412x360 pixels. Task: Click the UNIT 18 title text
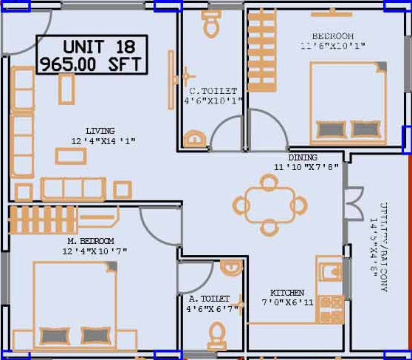(x=93, y=47)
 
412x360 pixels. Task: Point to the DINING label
(x=303, y=157)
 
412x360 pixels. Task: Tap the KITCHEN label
(x=287, y=293)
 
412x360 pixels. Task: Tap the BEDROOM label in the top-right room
(x=332, y=36)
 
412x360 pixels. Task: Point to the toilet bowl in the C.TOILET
(x=212, y=25)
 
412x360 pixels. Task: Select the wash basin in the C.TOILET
(x=194, y=139)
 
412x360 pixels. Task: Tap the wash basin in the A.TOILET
(x=231, y=267)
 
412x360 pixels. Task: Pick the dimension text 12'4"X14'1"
(x=104, y=140)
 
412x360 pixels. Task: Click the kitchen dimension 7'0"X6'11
(x=287, y=302)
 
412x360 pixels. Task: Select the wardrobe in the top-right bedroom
(x=261, y=52)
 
